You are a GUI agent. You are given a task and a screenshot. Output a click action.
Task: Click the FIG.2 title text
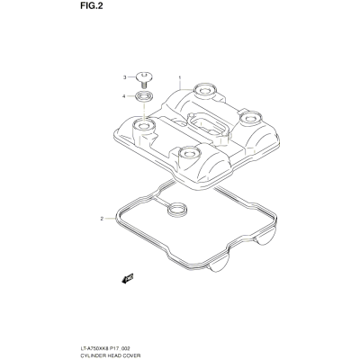[90, 6]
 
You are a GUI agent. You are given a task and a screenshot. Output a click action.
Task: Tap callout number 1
[180, 77]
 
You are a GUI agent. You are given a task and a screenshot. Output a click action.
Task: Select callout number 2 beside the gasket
[102, 219]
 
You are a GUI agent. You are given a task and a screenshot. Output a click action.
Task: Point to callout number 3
[125, 77]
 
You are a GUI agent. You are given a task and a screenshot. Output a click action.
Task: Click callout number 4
[124, 96]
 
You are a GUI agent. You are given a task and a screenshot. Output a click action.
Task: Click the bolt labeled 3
[144, 79]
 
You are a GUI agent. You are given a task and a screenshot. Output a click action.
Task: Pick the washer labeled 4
[144, 96]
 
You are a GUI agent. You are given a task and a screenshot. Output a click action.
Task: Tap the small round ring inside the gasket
[176, 210]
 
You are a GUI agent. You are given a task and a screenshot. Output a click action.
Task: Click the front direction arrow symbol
[128, 278]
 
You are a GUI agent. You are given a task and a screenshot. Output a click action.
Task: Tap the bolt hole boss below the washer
[144, 124]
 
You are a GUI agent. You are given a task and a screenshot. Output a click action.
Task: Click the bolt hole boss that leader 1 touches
[204, 90]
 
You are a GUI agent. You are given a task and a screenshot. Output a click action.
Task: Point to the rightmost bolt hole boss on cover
[250, 118]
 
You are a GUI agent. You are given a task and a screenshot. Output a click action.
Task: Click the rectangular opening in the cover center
[206, 125]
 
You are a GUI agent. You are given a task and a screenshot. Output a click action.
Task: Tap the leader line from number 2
[110, 219]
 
